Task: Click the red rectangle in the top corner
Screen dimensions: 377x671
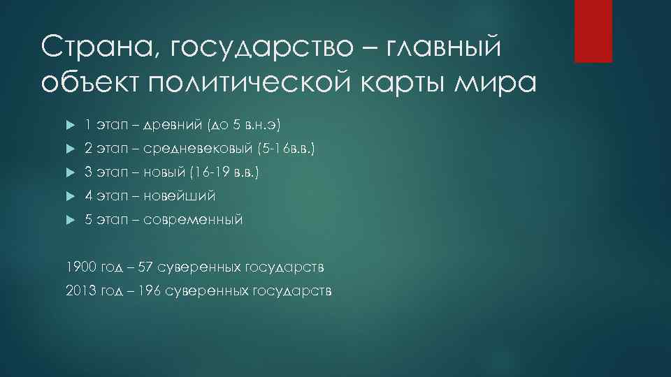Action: coord(593,31)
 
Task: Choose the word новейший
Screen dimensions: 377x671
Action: coord(181,196)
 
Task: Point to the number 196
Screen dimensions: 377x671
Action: coord(147,290)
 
